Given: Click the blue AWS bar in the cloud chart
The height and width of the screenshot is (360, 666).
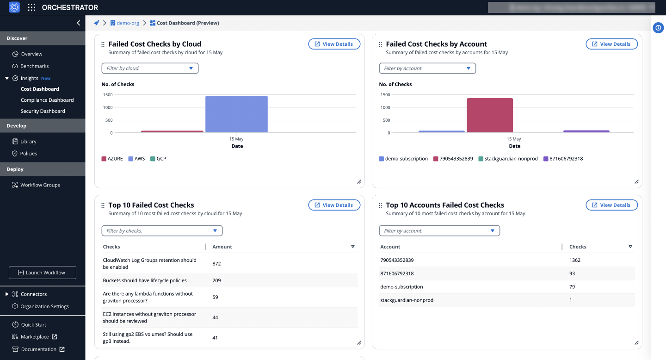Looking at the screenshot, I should pyautogui.click(x=236, y=114).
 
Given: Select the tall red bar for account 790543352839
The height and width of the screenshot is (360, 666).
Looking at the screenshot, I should pyautogui.click(x=489, y=116).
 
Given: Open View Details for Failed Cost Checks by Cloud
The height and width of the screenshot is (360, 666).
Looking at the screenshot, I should pyautogui.click(x=334, y=44).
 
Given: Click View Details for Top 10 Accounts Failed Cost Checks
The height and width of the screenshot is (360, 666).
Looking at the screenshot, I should pyautogui.click(x=611, y=205).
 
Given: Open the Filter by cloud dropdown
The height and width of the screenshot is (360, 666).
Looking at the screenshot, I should pyautogui.click(x=150, y=68).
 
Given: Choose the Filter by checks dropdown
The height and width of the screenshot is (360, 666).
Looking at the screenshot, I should pyautogui.click(x=162, y=231).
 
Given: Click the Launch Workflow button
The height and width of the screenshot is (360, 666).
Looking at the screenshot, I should pyautogui.click(x=43, y=273).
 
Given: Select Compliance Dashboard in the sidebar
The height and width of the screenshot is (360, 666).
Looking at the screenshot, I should pyautogui.click(x=47, y=100).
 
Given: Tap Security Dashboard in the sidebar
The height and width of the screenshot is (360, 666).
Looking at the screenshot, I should pyautogui.click(x=43, y=111).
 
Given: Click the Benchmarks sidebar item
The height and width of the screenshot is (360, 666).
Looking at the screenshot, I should pyautogui.click(x=34, y=66).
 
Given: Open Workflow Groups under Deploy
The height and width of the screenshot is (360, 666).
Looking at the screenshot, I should pyautogui.click(x=40, y=185).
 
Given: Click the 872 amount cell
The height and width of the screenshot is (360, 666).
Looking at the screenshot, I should pyautogui.click(x=216, y=264).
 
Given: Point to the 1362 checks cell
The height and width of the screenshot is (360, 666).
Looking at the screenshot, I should pyautogui.click(x=575, y=260).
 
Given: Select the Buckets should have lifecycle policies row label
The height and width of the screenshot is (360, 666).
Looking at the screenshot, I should pyautogui.click(x=145, y=280).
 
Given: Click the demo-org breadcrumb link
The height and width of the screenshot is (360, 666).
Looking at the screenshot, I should pyautogui.click(x=128, y=23).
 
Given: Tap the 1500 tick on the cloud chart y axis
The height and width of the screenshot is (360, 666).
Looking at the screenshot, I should pyautogui.click(x=107, y=95).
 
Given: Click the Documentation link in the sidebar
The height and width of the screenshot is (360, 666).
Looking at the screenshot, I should pyautogui.click(x=38, y=349).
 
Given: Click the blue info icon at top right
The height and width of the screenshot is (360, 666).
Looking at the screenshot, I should pyautogui.click(x=658, y=28).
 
